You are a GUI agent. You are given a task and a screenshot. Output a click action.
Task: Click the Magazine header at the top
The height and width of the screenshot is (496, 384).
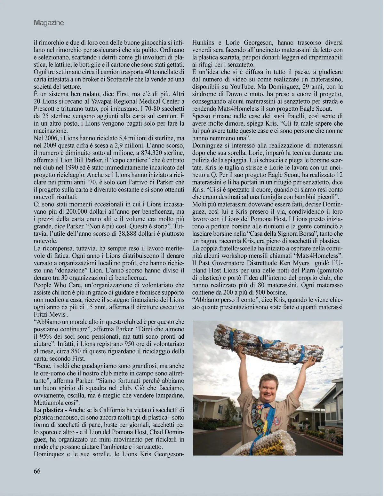pyautogui.click(x=49, y=23)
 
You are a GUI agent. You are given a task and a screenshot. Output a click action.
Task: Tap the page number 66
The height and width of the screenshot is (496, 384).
pyautogui.click(x=37, y=471)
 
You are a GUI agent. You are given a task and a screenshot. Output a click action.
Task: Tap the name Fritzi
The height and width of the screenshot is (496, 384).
pyautogui.click(x=43, y=314)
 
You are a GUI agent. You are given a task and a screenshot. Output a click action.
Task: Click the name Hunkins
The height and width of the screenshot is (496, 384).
pyautogui.click(x=203, y=42)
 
